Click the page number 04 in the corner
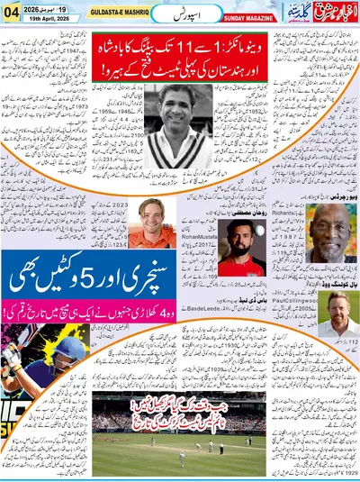coord(12,12)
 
